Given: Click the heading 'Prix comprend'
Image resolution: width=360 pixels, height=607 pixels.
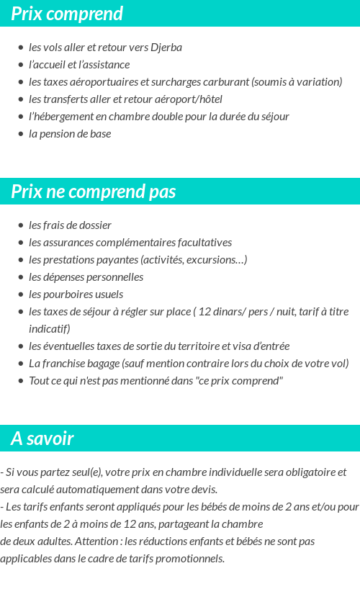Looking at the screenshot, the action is coord(67,14).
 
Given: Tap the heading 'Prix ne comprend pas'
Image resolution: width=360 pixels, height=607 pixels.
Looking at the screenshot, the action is coord(93,192).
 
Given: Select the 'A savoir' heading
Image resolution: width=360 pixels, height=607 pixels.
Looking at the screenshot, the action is coord(42,439).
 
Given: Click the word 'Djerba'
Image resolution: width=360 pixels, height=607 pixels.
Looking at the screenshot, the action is coord(166,48).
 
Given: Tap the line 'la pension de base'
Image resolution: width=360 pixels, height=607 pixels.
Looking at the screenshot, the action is coord(70,134).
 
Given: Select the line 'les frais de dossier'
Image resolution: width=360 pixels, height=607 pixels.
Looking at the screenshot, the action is coord(70,225).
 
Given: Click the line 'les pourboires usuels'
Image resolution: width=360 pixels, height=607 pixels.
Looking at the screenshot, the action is coord(76,294).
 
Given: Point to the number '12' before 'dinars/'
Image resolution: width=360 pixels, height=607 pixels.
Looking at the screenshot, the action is coord(204,312).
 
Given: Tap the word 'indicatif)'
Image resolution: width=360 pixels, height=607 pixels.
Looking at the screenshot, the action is coord(50,329).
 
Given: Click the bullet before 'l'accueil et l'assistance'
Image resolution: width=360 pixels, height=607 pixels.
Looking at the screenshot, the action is coord(21,65).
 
